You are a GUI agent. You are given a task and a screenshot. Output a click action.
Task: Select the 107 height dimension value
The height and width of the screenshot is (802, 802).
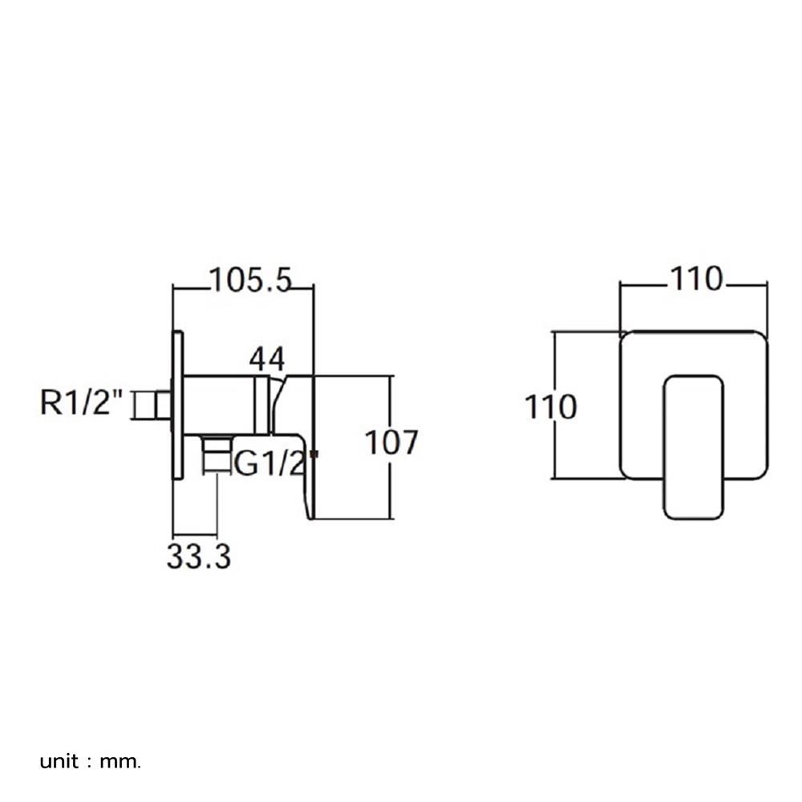[391, 444]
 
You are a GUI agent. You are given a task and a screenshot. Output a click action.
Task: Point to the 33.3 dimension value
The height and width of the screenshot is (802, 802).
[198, 556]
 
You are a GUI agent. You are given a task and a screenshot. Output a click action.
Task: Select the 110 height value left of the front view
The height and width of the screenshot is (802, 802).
[550, 407]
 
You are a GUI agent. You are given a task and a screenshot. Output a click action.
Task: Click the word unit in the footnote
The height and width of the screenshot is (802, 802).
[59, 760]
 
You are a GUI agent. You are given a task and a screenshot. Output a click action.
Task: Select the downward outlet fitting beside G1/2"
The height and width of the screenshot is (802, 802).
[215, 455]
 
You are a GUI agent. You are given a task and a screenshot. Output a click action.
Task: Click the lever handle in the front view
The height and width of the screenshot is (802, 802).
[694, 446]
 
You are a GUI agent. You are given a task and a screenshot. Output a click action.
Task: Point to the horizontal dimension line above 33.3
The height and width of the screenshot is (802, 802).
[194, 534]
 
